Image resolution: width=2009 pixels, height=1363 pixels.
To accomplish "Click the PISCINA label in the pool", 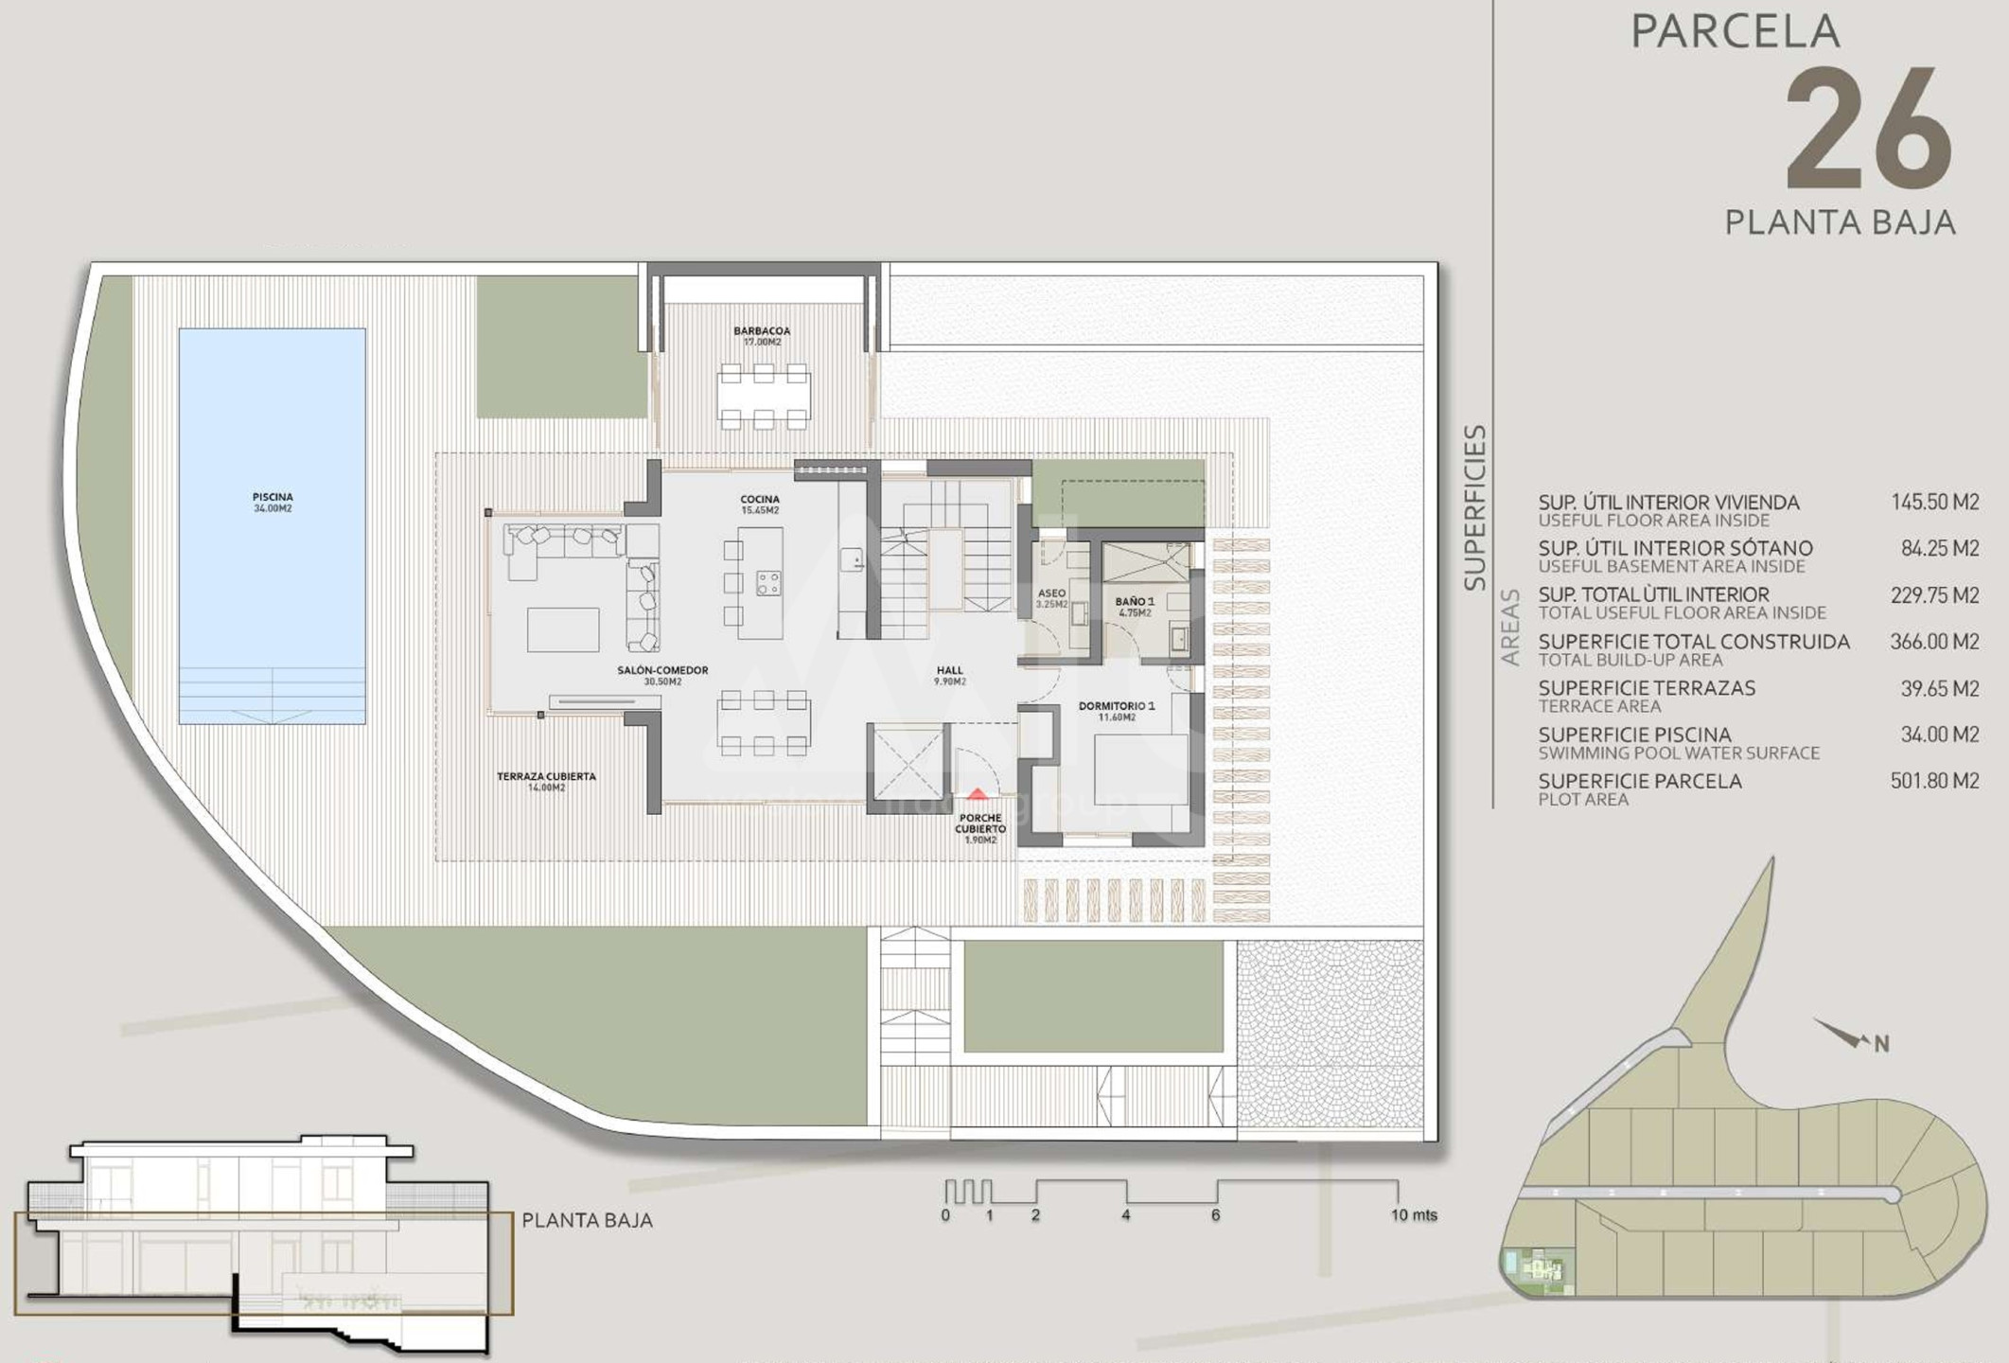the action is point(273,497).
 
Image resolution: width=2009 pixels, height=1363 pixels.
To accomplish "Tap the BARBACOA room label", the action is point(762,331).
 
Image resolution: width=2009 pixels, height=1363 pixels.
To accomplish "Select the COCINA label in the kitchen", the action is point(760,500).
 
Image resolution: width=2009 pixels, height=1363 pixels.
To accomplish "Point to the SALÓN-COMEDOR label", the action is point(662,670).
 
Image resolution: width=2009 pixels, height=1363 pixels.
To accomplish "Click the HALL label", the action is point(949,670).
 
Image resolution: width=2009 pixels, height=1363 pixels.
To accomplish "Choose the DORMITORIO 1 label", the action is point(1117,706).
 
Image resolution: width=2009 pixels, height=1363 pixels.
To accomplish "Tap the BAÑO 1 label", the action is point(1135,602).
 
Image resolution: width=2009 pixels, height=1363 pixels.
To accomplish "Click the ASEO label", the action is point(1051,593).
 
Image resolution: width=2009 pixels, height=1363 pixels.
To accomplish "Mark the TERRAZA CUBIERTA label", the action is point(546,777).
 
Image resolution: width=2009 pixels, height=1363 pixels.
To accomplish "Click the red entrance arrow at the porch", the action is point(978,794).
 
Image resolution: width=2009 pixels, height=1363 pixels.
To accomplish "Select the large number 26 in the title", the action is point(1869,130).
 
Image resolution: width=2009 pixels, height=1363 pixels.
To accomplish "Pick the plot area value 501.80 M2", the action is point(1934,781).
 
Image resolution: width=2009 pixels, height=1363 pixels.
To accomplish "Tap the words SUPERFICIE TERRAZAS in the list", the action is point(1647,688).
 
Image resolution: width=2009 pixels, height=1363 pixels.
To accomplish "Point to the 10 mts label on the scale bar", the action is point(1414,1215).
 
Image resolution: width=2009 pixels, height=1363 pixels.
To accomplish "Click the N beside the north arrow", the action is point(1881,1044).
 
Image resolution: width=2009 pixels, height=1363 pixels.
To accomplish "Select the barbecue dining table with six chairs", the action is point(763,396).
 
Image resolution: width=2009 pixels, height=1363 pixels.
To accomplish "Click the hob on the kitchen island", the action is point(768,583).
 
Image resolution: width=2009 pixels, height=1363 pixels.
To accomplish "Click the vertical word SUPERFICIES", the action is point(1474,507).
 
